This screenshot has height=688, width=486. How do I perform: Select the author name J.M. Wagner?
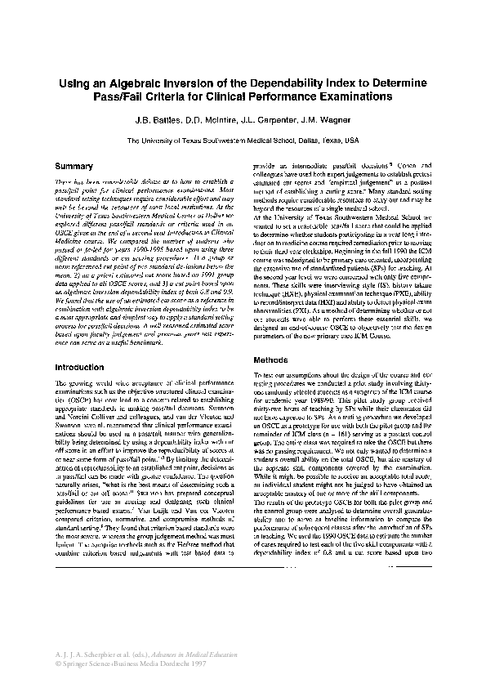(323, 118)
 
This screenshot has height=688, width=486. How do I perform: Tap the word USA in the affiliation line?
(351, 140)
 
